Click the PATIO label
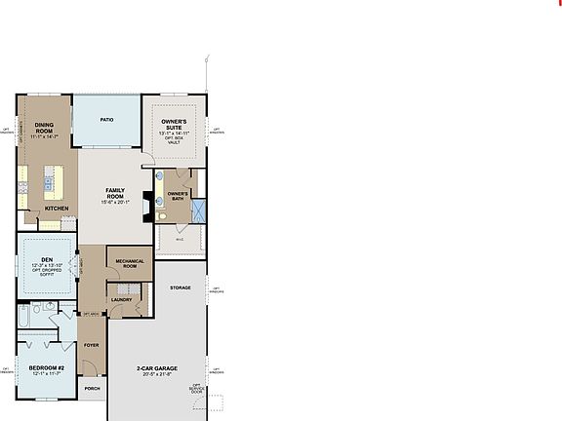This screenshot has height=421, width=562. point(108,120)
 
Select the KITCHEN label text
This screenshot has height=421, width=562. point(57,208)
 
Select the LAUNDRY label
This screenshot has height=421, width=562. point(121,299)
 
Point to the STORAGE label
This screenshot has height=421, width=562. point(180,288)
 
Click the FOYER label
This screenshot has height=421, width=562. point(92,344)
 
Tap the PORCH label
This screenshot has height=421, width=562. point(92,388)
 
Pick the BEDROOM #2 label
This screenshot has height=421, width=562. point(47,367)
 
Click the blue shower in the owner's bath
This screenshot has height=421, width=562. point(198,210)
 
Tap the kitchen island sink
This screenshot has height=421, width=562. point(45,179)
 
